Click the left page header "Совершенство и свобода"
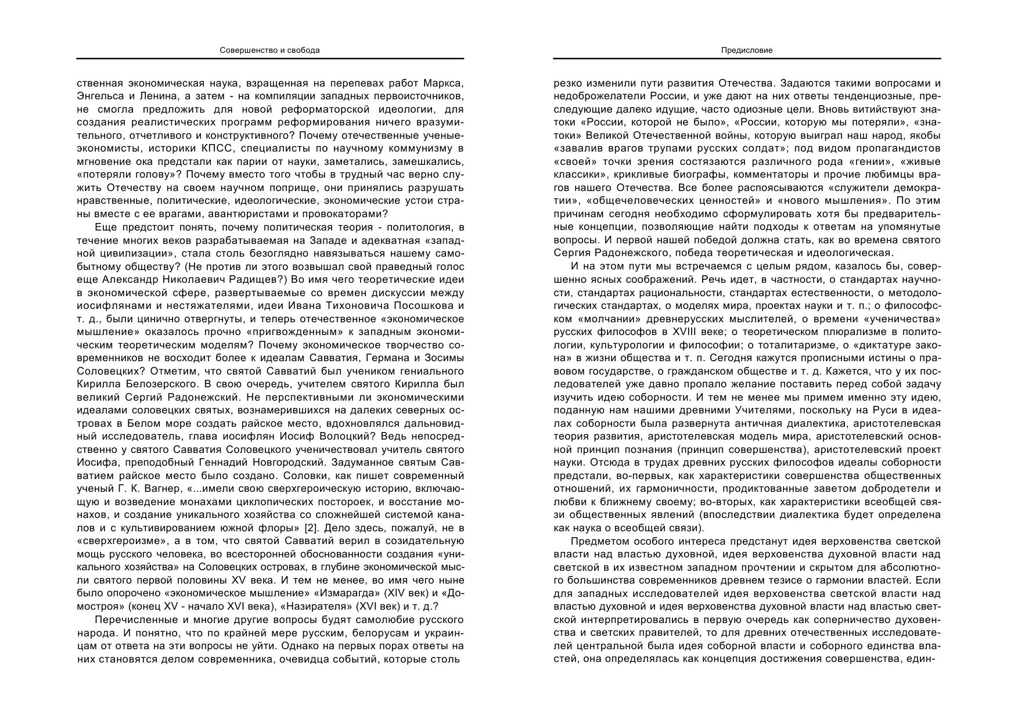pos(269,51)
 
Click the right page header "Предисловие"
pos(747,51)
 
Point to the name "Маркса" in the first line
pos(443,83)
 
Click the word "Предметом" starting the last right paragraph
pos(596,541)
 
